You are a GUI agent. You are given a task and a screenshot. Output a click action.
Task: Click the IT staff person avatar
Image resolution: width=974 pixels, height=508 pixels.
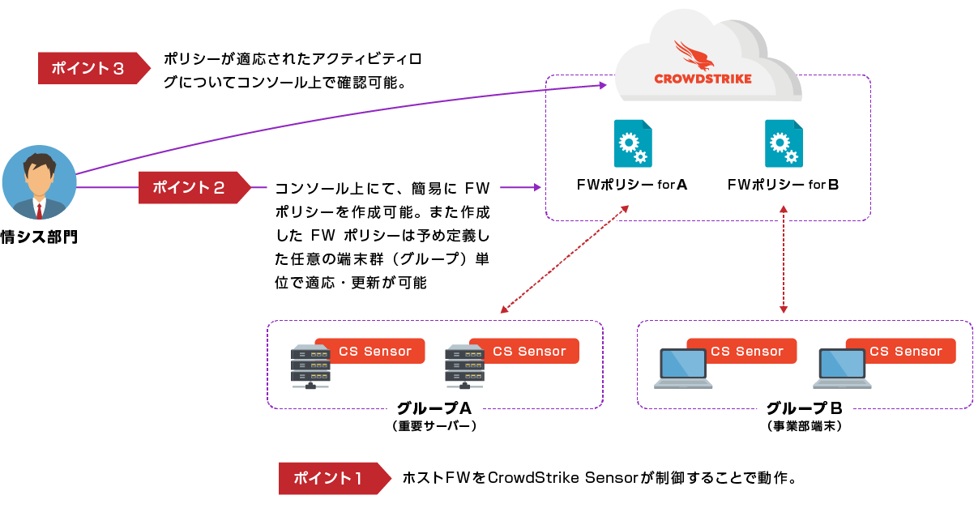pos(39,184)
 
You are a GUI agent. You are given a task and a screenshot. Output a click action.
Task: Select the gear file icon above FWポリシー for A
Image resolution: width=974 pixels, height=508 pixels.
pos(632,143)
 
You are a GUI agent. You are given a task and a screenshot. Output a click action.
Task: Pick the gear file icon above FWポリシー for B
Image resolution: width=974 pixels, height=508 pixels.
pos(784,143)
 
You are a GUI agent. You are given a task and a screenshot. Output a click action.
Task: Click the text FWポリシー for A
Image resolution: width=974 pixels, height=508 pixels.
pos(632,185)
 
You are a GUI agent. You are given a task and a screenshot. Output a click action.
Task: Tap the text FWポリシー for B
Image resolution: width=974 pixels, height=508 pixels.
pos(783,185)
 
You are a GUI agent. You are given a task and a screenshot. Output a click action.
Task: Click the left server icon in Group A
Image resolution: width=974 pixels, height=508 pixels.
pos(310,367)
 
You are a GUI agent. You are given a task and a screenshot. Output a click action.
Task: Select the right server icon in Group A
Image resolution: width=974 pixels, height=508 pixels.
pos(464,367)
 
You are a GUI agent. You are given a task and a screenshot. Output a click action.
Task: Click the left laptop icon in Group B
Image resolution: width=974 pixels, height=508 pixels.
pos(682,369)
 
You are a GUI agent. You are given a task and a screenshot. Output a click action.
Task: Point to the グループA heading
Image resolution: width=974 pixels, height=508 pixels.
pos(434,408)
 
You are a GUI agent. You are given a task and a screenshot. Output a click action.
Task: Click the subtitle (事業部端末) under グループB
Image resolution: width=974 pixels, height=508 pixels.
pos(804,425)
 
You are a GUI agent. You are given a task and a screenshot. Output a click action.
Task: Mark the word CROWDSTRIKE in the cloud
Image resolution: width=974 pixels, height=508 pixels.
pos(703,79)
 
